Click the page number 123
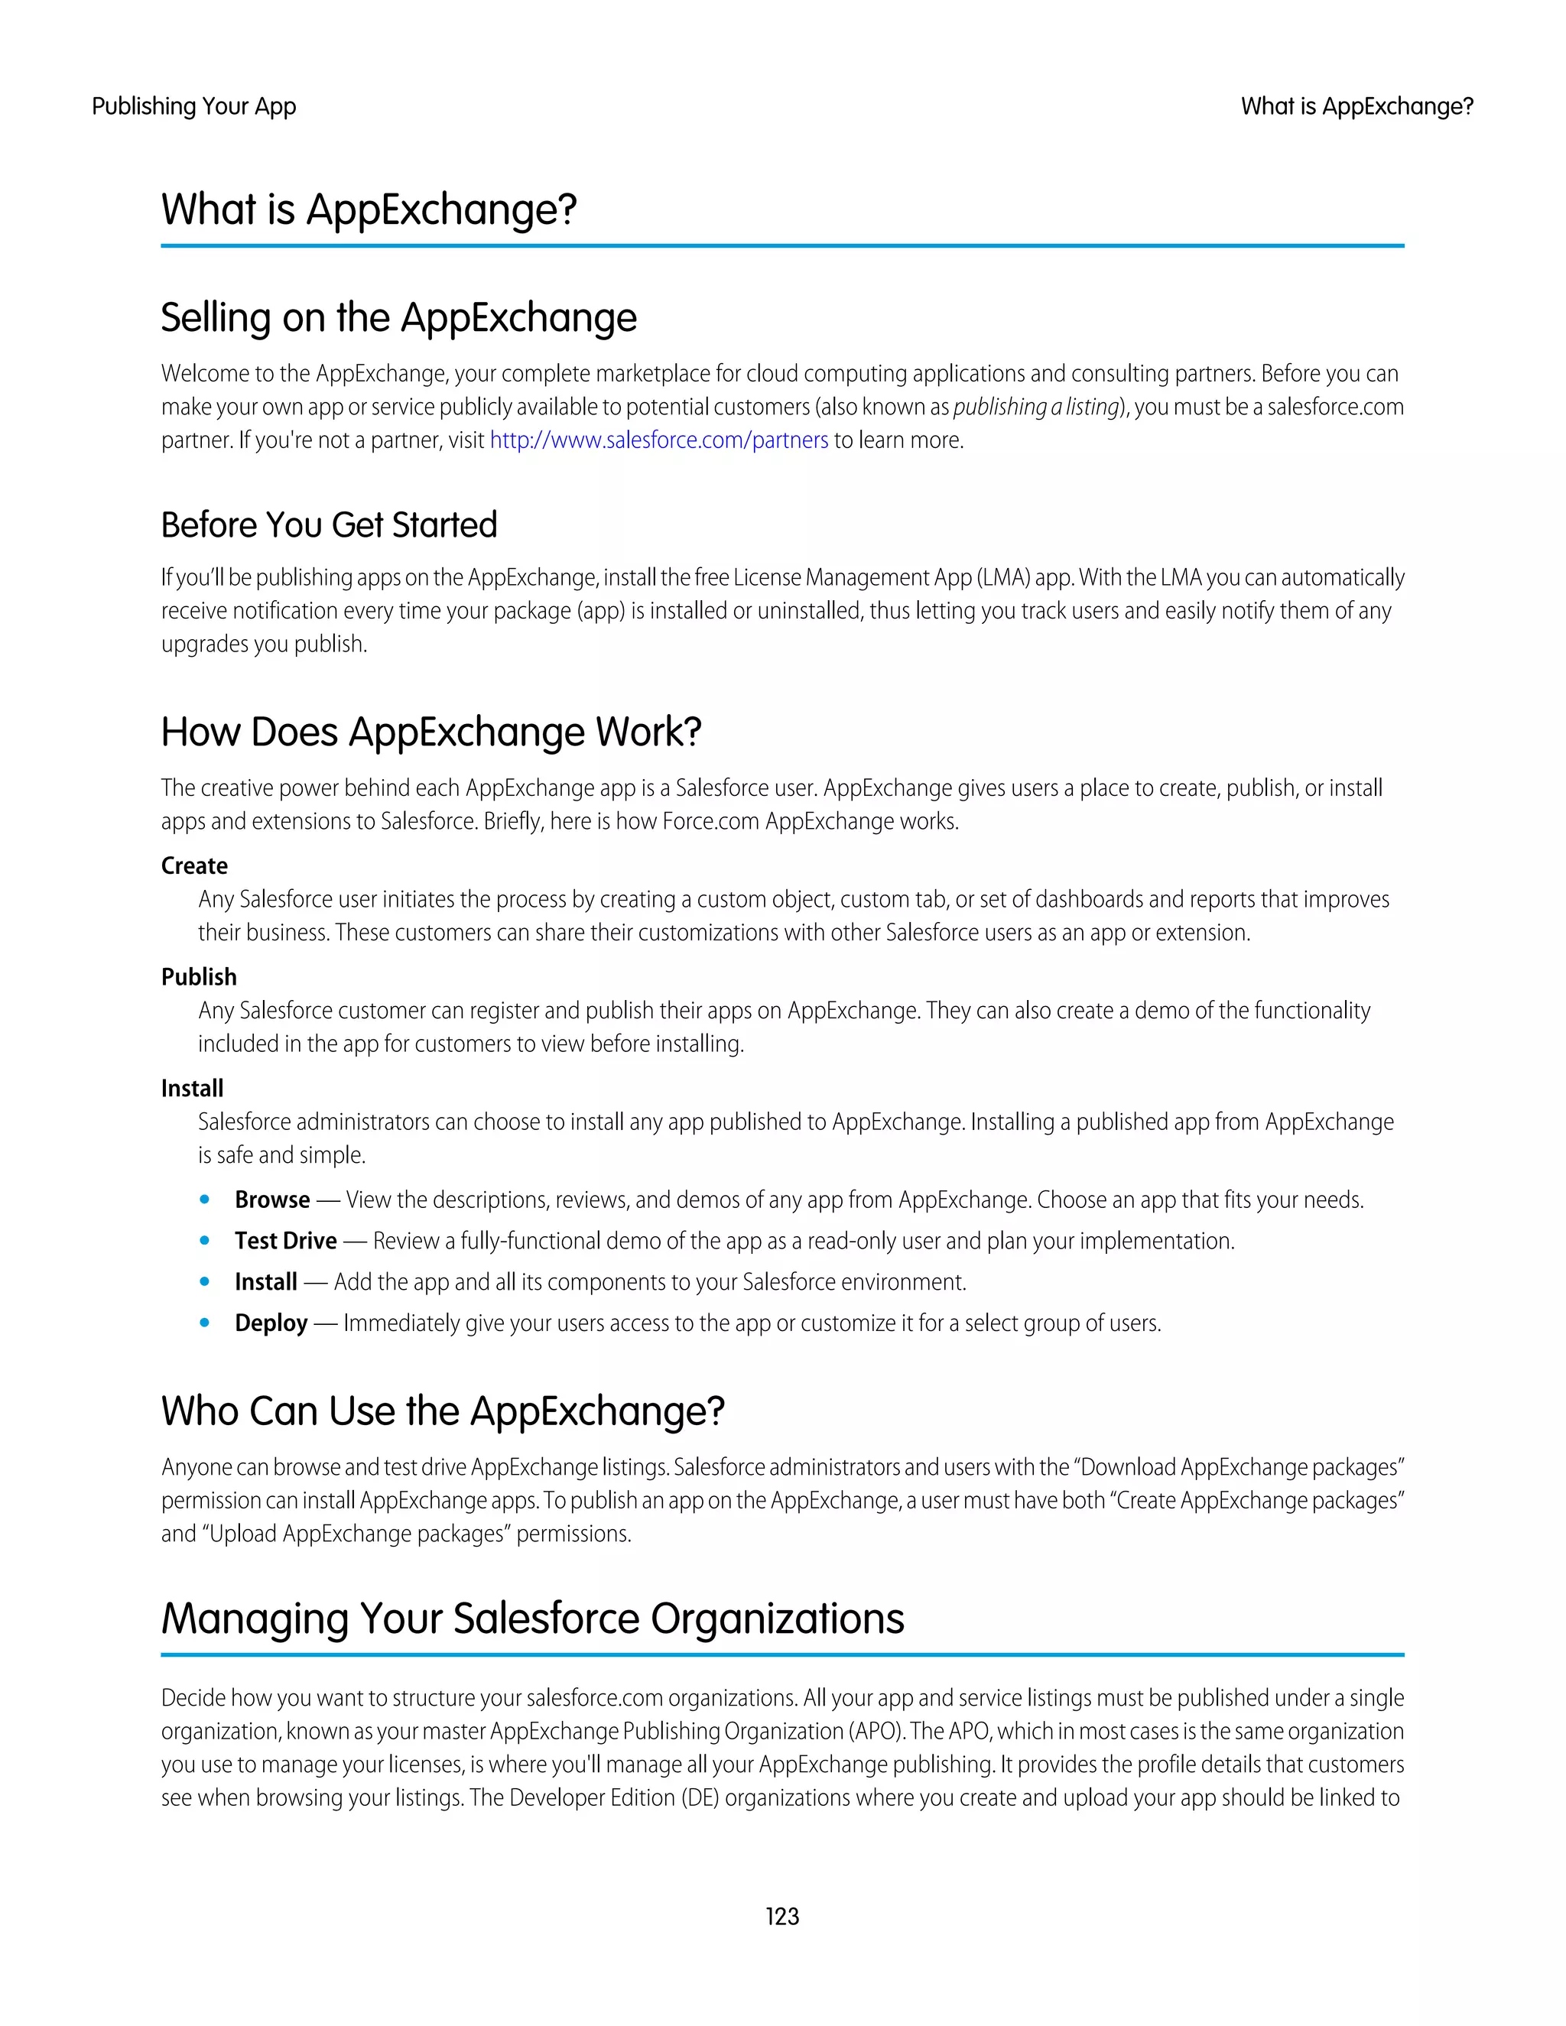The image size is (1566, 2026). (x=782, y=1916)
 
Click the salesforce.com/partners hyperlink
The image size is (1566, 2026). (x=658, y=440)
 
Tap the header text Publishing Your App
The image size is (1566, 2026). (x=194, y=107)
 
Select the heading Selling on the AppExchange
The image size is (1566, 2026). (x=399, y=318)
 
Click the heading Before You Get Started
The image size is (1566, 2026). (x=330, y=525)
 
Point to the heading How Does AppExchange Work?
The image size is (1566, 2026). (x=431, y=732)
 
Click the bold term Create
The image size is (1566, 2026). (x=194, y=865)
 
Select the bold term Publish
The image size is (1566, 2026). (x=199, y=977)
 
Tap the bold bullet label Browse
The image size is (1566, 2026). (x=271, y=1200)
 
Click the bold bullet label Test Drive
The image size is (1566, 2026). (x=286, y=1240)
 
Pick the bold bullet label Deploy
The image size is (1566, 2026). (x=271, y=1323)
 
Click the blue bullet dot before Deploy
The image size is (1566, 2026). (x=205, y=1323)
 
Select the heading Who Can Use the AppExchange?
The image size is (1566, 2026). (x=443, y=1411)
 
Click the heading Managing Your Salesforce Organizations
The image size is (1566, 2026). (x=532, y=1619)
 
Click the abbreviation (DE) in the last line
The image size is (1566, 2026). (x=700, y=1798)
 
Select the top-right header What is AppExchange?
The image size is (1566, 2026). (x=1356, y=107)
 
